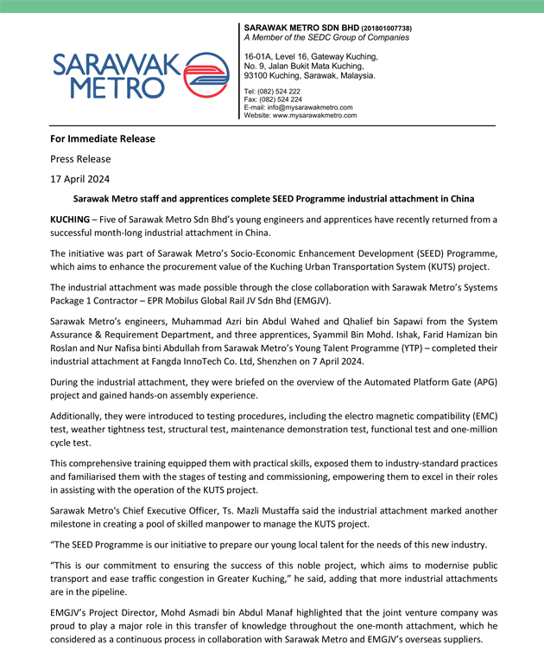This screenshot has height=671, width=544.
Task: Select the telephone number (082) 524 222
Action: [278, 92]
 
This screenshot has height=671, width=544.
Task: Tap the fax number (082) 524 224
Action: [279, 99]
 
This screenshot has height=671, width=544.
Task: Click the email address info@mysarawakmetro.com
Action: [310, 107]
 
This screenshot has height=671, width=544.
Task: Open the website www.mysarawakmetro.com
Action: [315, 115]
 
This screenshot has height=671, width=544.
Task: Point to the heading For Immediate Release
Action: [103, 138]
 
